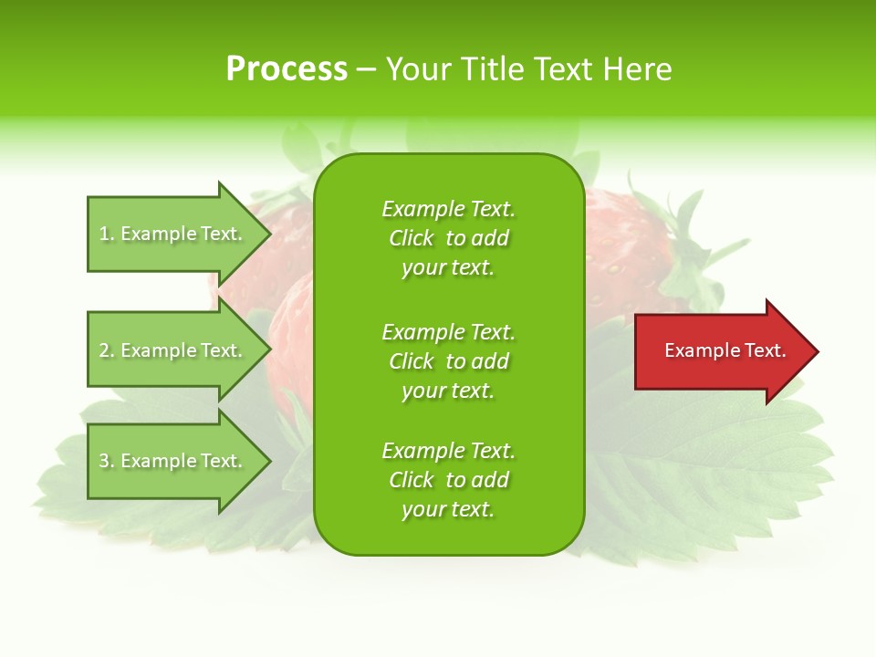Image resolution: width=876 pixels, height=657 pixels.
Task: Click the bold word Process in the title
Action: point(287,69)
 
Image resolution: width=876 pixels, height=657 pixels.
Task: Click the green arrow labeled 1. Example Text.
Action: point(173,234)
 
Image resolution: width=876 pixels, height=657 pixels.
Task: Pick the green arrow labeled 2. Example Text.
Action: point(173,350)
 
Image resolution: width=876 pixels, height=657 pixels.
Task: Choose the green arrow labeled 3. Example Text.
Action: point(173,461)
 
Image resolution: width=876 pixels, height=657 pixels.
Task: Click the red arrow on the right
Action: point(721,350)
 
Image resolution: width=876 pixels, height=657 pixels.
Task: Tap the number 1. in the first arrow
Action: point(107,235)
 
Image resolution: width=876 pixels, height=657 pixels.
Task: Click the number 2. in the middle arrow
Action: point(107,351)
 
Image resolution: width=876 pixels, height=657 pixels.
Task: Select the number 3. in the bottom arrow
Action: point(107,462)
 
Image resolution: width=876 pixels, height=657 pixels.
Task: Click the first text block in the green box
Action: point(448,238)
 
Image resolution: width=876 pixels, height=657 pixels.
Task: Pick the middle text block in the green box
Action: point(448,361)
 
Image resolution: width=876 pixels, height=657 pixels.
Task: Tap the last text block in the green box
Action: point(448,480)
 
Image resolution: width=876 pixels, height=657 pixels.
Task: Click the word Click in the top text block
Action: point(412,238)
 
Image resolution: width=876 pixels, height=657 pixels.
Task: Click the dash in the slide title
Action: point(366,70)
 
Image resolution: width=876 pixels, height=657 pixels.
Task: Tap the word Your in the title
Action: point(420,69)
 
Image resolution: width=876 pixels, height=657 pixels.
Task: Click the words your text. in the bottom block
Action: point(448,510)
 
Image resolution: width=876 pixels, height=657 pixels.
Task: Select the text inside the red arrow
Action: point(725,350)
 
